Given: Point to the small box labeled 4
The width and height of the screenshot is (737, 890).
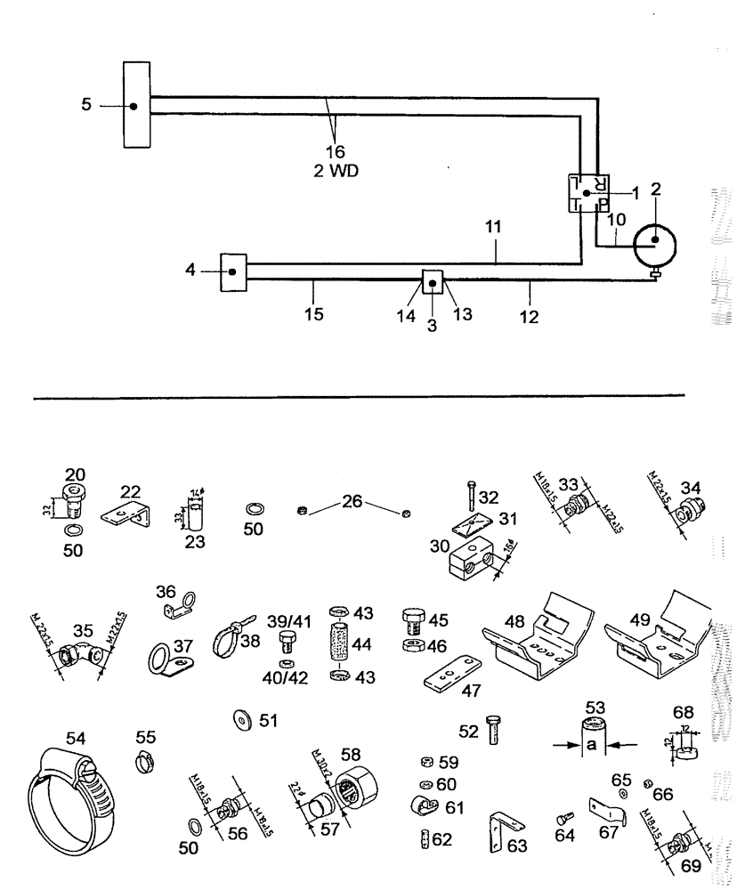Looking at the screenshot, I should [233, 271].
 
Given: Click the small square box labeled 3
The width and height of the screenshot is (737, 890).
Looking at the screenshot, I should [433, 284].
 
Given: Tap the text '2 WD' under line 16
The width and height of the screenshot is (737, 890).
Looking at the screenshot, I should [336, 171].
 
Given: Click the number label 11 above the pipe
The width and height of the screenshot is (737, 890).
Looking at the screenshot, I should [495, 228].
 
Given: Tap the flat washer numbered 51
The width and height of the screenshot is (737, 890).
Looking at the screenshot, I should [240, 719].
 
